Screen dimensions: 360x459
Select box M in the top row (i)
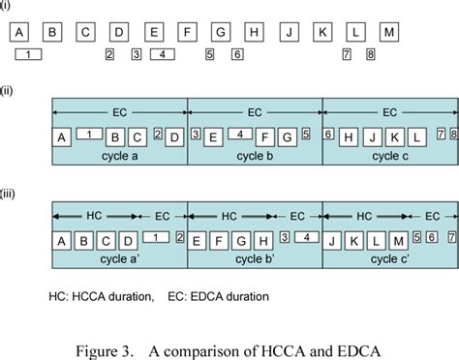[x=389, y=32]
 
